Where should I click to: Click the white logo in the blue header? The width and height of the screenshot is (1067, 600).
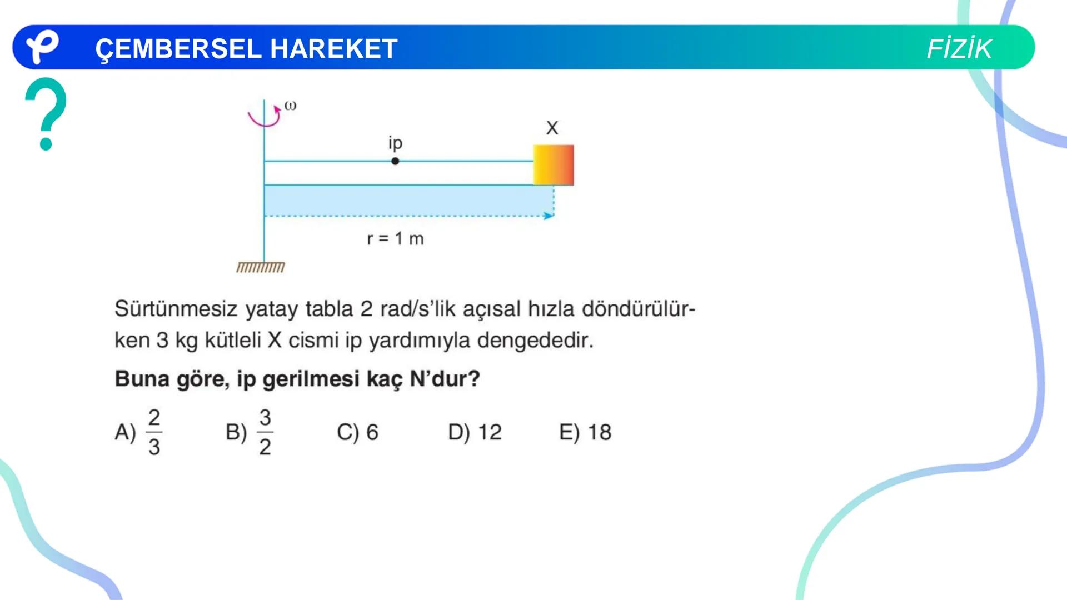[x=42, y=47]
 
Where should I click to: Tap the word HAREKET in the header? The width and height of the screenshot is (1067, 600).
[x=334, y=49]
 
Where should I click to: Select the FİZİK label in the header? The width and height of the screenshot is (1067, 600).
[x=959, y=49]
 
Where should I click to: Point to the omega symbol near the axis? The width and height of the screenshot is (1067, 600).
[x=290, y=106]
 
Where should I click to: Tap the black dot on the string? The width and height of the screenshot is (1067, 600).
[x=395, y=161]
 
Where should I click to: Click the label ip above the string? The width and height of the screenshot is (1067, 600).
[x=395, y=143]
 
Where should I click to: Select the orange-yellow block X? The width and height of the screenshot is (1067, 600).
[x=554, y=165]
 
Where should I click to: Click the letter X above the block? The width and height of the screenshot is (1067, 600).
[x=552, y=128]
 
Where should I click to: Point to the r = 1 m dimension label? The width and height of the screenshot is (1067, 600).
[x=395, y=239]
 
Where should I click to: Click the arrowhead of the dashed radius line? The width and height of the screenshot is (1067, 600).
[x=549, y=216]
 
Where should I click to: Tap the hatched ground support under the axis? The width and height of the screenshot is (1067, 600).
[x=261, y=268]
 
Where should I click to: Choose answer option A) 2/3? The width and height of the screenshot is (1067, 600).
[x=138, y=432]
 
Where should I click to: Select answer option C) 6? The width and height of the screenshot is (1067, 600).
[x=357, y=432]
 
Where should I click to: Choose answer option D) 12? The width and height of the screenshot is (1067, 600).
[x=475, y=432]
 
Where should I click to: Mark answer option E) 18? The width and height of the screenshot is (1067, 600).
[x=585, y=432]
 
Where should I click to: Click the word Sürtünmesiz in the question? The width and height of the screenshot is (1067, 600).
[x=176, y=309]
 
